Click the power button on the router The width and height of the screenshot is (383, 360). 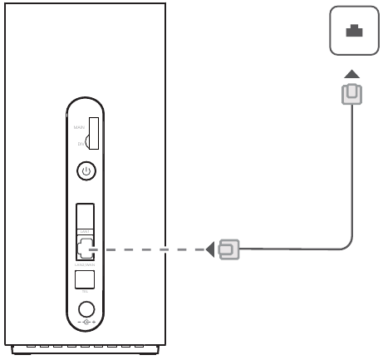pos(86,172)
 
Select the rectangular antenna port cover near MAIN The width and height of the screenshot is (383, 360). pos(94,133)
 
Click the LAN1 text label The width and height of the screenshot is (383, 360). pos(85,230)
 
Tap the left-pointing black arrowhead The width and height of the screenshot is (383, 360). pos(210,248)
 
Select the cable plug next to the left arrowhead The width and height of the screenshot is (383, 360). pos(228,248)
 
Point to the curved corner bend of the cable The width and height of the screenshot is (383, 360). pos(347,242)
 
